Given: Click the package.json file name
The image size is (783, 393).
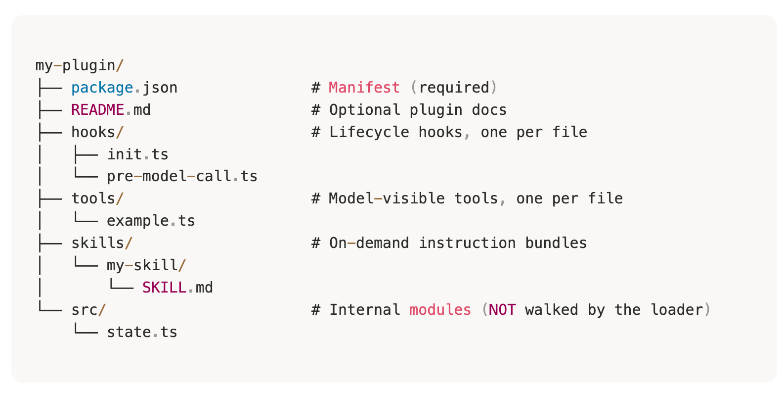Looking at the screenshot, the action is pyautogui.click(x=124, y=88).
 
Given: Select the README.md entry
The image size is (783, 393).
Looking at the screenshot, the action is pyautogui.click(x=111, y=110).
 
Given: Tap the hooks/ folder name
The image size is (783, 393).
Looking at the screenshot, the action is pyautogui.click(x=97, y=132).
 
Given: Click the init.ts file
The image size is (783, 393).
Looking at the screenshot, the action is pyautogui.click(x=137, y=154).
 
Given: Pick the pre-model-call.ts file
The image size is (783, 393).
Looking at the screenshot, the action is pyautogui.click(x=182, y=176).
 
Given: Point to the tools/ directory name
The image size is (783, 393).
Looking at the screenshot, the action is pyautogui.click(x=97, y=198).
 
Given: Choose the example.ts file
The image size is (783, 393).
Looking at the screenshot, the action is pyautogui.click(x=151, y=221).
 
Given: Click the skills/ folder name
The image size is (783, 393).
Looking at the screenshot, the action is pyautogui.click(x=102, y=243).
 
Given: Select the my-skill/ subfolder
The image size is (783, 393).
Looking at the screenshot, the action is pyautogui.click(x=146, y=265).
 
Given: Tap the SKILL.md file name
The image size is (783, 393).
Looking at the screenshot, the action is pyautogui.click(x=177, y=288).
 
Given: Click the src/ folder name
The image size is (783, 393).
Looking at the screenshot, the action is pyautogui.click(x=88, y=310).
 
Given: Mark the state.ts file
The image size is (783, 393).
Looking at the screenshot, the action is pyautogui.click(x=142, y=332).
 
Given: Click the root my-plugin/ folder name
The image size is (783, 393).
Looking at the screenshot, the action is pyautogui.click(x=80, y=65).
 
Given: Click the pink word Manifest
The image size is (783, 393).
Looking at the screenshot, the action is pyautogui.click(x=364, y=88).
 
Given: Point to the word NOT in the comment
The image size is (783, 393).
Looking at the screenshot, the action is pyautogui.click(x=502, y=310).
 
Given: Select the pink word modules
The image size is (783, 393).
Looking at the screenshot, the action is pyautogui.click(x=440, y=310).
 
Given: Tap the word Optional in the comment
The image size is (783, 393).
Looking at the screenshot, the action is pyautogui.click(x=364, y=110).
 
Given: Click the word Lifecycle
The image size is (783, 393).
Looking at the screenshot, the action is pyautogui.click(x=369, y=132).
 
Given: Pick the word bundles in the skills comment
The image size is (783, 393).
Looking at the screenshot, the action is pyautogui.click(x=556, y=243).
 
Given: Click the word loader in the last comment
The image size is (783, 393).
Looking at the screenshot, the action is pyautogui.click(x=676, y=310).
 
